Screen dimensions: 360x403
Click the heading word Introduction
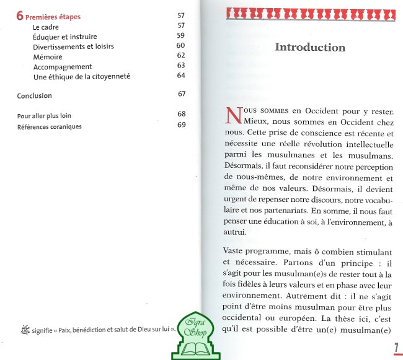click(309, 47)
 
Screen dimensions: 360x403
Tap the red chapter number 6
click(20, 16)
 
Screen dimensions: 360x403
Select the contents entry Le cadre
click(46, 27)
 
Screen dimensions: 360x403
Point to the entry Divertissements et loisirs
click(73, 46)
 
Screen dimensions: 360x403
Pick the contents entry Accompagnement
click(63, 66)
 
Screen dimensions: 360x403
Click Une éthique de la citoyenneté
click(81, 76)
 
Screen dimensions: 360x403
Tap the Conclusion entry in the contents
click(35, 96)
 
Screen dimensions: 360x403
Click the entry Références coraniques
click(49, 126)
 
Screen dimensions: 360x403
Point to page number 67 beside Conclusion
click(182, 94)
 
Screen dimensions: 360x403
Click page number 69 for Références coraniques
click(182, 125)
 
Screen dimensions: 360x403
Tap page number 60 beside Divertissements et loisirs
click(181, 45)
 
